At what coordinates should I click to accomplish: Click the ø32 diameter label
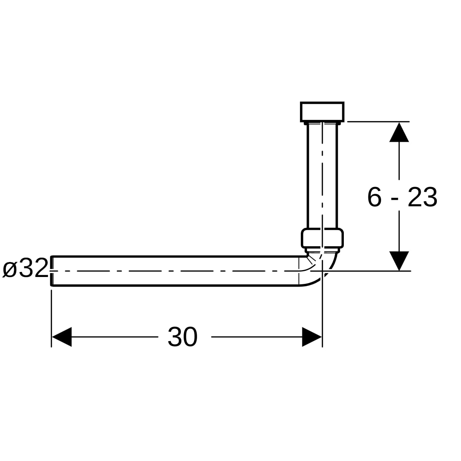tap(25, 268)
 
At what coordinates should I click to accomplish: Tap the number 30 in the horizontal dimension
tap(182, 337)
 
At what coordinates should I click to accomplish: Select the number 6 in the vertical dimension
tap(375, 197)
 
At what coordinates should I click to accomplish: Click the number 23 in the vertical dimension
tap(423, 197)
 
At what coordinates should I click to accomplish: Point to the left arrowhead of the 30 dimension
tap(61, 337)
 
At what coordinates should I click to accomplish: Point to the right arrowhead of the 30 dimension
tap(312, 337)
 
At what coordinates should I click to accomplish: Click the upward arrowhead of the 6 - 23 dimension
tap(399, 132)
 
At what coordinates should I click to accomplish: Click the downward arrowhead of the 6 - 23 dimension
tap(399, 261)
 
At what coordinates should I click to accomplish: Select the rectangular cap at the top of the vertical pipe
tap(322, 112)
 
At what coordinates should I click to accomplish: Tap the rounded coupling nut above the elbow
tap(322, 238)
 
